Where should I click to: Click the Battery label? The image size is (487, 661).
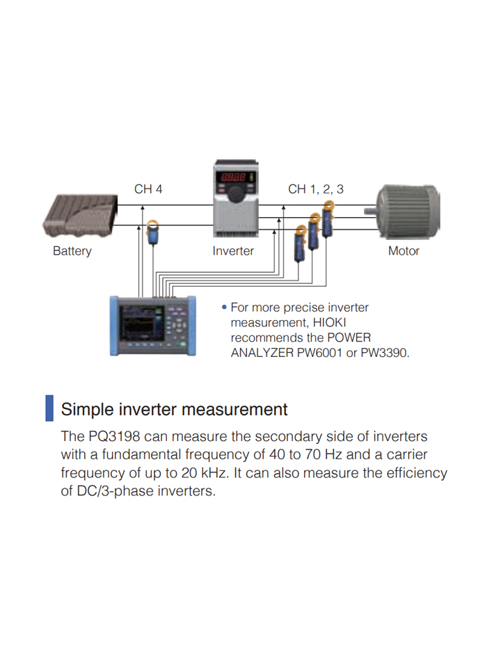click(72, 251)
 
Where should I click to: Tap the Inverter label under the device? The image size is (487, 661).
click(233, 251)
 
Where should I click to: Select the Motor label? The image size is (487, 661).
click(404, 251)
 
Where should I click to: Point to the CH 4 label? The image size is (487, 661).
click(148, 189)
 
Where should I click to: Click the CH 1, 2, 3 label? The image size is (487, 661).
click(316, 189)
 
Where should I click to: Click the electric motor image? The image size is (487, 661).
click(407, 211)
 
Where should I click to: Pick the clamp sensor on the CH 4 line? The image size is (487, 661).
click(153, 232)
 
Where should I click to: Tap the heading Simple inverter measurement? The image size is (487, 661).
click(174, 409)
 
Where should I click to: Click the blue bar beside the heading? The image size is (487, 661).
click(49, 408)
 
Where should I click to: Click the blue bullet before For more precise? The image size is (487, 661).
click(224, 308)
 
